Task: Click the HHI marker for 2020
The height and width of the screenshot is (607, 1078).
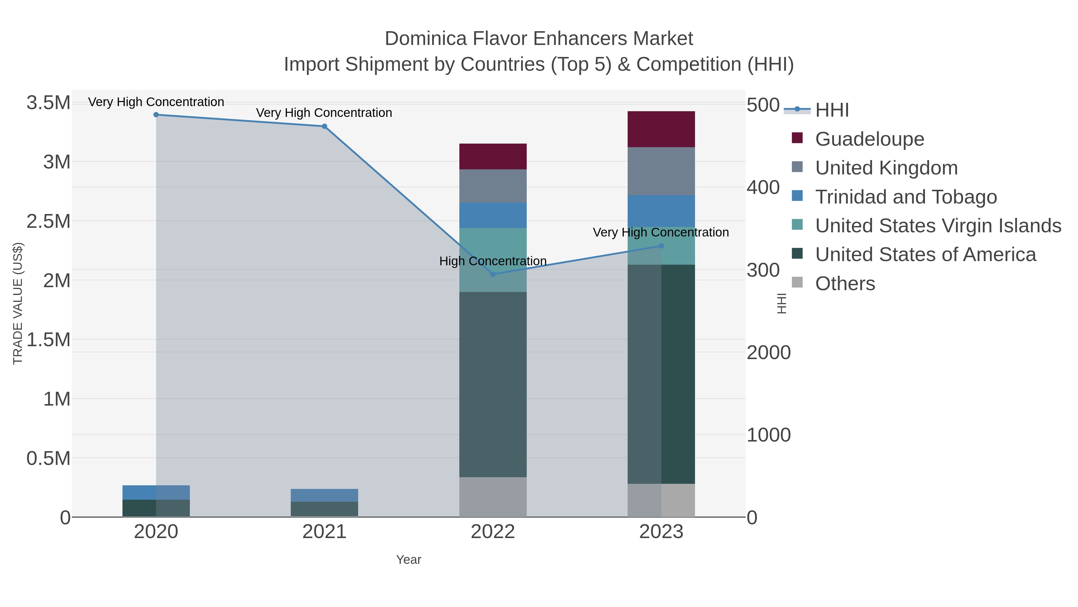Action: tap(156, 115)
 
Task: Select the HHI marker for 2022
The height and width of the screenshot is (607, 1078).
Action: tap(493, 274)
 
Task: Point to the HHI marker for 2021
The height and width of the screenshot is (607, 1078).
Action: tap(324, 126)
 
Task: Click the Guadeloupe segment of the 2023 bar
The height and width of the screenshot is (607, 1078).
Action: tap(661, 129)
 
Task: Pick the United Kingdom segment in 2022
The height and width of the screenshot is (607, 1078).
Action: tap(493, 186)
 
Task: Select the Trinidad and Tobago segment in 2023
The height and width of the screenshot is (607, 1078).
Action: tap(661, 211)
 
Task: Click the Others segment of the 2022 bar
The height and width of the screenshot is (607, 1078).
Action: tap(493, 497)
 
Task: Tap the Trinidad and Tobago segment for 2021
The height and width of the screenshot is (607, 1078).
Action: tap(324, 495)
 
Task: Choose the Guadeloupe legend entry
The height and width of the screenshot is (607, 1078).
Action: tap(869, 139)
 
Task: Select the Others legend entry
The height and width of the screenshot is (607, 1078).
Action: tap(844, 284)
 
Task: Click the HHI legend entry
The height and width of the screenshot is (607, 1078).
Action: tap(832, 110)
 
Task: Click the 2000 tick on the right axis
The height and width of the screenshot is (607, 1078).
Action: tap(769, 353)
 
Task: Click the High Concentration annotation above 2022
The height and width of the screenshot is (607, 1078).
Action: tap(493, 261)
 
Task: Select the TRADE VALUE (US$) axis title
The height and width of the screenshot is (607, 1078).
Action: tap(18, 303)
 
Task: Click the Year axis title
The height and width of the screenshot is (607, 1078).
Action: tap(408, 560)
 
